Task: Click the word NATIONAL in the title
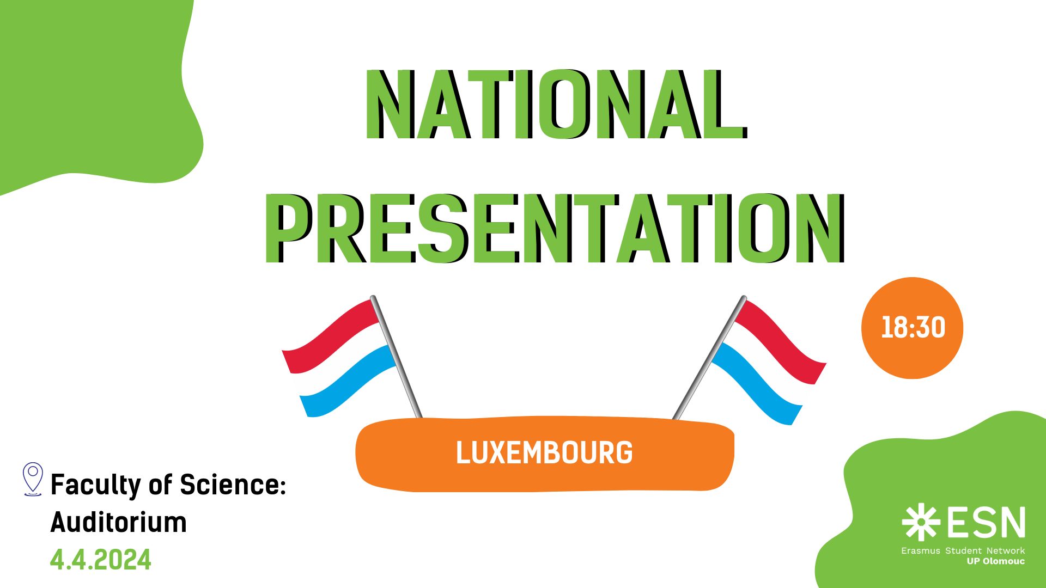pos(556,104)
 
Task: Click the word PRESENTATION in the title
pos(555,229)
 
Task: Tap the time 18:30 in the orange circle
pos(913,328)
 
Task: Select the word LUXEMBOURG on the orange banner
pos(544,452)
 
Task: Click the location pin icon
pos(33,479)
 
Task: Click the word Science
pos(233,484)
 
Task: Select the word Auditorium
pos(119,522)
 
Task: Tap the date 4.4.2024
pos(101,560)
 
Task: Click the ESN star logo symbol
pos(921,522)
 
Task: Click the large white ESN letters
pos(987,522)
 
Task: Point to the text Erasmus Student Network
pos(963,550)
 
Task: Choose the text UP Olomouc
pos(996,561)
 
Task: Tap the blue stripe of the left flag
pos(349,381)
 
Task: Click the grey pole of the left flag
pos(396,357)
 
